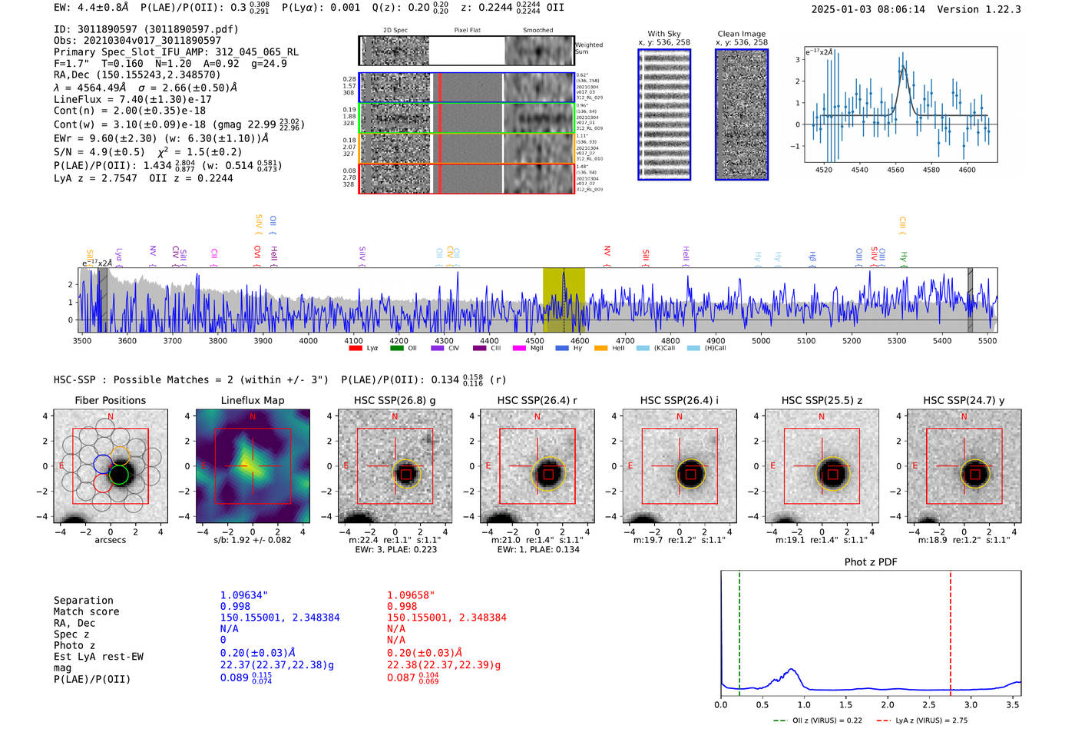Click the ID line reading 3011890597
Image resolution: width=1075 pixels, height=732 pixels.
pos(146,29)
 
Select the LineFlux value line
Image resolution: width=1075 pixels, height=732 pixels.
pos(133,99)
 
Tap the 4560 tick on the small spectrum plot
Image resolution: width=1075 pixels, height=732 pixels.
pos(895,169)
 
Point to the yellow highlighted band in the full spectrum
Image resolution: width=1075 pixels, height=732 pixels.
pos(564,300)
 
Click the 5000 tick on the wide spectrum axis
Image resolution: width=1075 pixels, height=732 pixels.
pos(761,340)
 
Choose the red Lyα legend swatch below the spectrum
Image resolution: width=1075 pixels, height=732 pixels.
pos(356,348)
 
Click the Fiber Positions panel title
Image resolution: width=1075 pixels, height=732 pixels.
pos(111,400)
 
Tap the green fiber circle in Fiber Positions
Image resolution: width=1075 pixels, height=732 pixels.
pos(119,475)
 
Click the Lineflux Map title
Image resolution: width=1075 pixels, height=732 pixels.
pos(253,400)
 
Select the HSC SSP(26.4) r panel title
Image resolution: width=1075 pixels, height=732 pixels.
pos(537,400)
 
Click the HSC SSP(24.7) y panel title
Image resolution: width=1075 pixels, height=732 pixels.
pos(964,400)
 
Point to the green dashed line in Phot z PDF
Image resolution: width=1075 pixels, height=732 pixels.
pos(739,630)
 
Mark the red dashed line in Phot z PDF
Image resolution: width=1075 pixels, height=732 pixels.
pos(951,630)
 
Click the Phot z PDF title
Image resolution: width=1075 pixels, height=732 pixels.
pos(871,561)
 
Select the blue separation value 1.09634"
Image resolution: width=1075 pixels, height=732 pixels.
pos(244,595)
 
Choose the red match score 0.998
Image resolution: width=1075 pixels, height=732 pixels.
pos(402,606)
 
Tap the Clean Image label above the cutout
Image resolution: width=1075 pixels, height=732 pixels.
pos(742,34)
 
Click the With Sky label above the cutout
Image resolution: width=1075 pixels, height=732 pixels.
pos(664,34)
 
